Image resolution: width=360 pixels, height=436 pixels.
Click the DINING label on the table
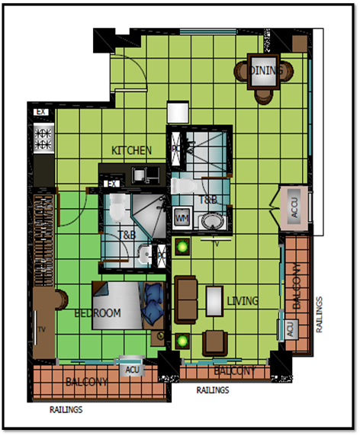tap(266, 71)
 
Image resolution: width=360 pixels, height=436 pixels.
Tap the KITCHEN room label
tap(131, 151)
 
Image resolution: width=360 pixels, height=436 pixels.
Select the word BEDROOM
tap(98, 313)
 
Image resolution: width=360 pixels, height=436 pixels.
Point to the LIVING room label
tap(243, 301)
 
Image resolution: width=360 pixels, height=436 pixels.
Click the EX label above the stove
tap(40, 113)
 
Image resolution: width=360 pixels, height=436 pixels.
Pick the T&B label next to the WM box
tap(207, 200)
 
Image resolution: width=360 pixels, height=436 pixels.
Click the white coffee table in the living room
tap(213, 300)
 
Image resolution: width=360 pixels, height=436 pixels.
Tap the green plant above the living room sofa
tap(183, 245)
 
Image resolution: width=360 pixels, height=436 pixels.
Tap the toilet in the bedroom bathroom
tap(117, 206)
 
